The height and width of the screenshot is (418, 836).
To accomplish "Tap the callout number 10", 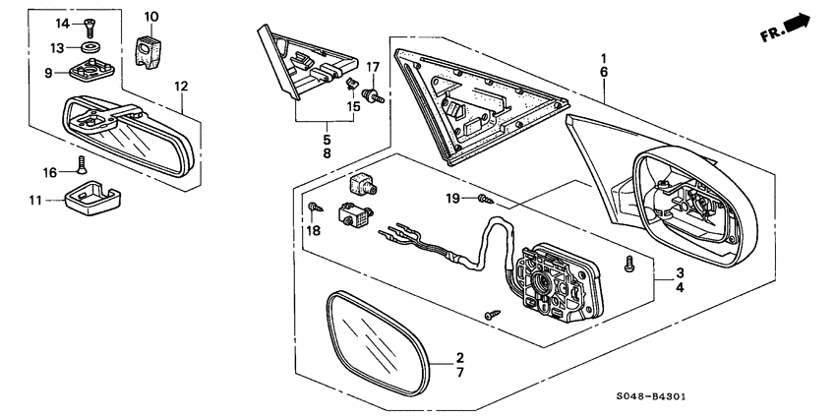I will point(150,17).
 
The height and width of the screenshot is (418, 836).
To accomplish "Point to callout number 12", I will point(181,87).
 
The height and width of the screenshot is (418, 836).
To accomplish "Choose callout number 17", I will point(373,67).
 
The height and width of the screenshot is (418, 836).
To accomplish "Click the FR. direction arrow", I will point(788,29).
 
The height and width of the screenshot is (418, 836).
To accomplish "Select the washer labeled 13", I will point(92,46).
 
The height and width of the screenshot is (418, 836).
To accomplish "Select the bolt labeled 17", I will point(373,95).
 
